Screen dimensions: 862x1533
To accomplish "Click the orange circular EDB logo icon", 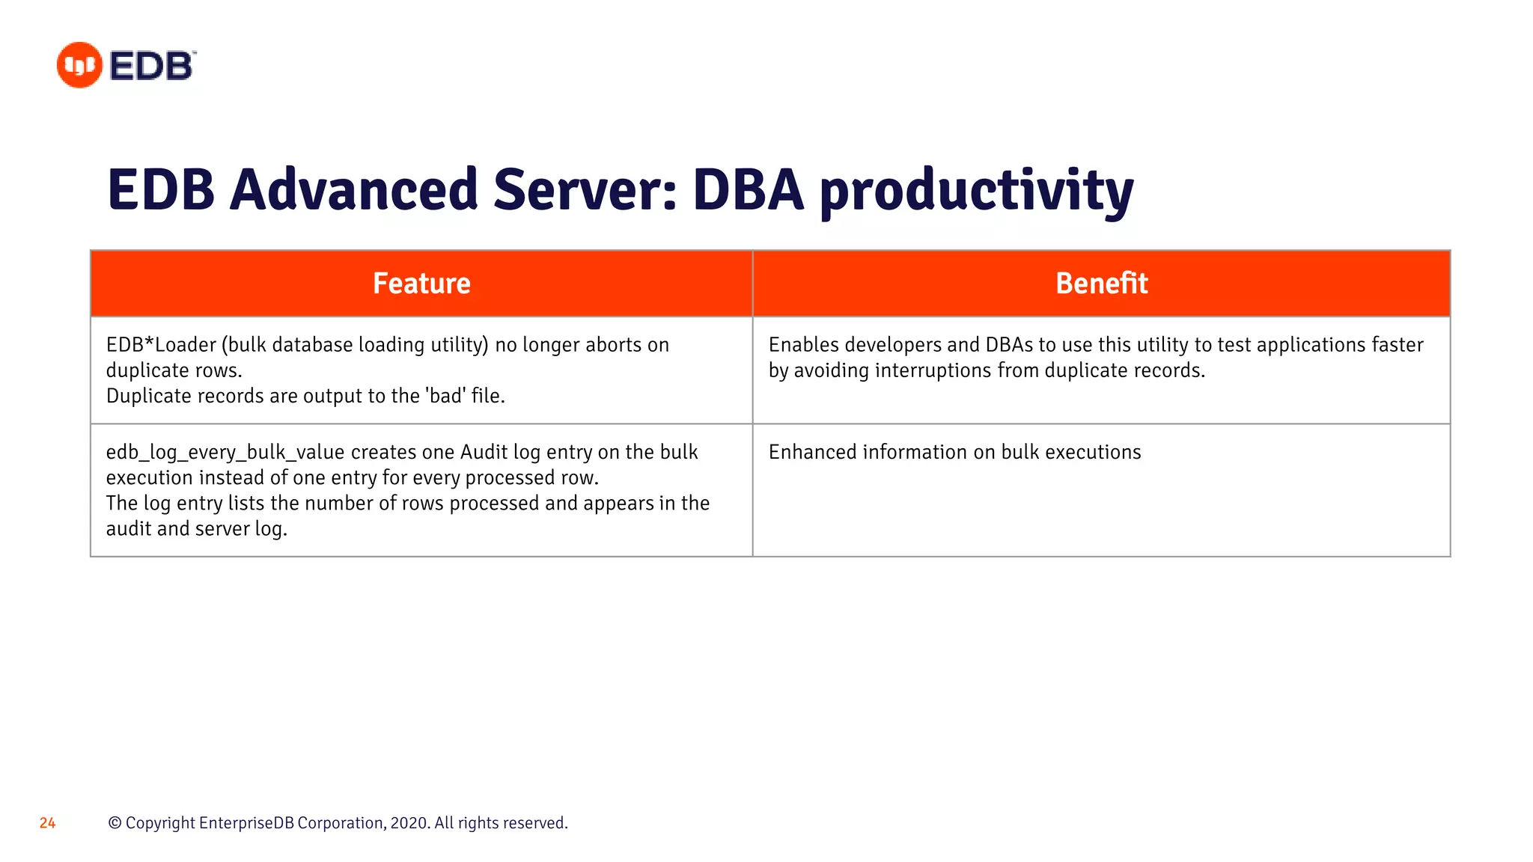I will (x=79, y=65).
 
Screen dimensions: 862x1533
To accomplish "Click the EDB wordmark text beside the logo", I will (x=152, y=66).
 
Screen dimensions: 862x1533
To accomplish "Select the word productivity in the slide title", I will (x=976, y=191).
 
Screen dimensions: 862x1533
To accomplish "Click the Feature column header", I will (x=421, y=284).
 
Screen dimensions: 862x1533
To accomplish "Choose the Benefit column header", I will (x=1101, y=284).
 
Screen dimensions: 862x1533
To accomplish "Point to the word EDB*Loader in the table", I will (x=161, y=345).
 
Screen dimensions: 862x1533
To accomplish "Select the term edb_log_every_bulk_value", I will (x=225, y=453).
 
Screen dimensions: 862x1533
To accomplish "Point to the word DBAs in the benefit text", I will (x=1009, y=345).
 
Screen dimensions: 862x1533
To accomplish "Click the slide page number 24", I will (x=47, y=823).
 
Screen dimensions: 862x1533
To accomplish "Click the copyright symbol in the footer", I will (x=115, y=823).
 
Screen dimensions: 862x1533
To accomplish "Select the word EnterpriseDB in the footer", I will (x=246, y=823).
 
